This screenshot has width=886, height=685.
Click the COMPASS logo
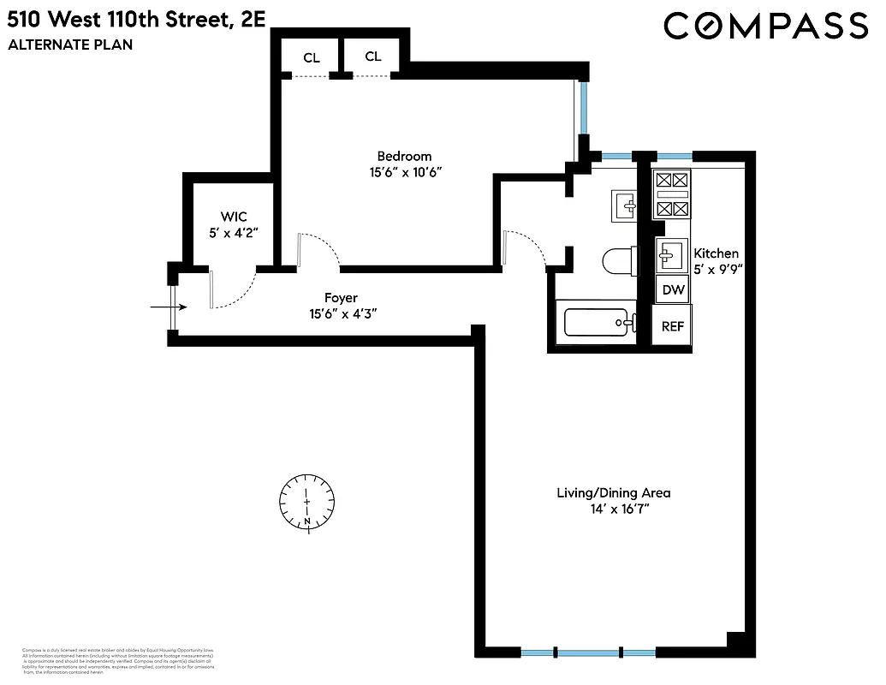(x=766, y=26)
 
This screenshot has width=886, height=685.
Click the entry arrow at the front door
(x=161, y=306)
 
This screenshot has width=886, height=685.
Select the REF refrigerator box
(x=673, y=325)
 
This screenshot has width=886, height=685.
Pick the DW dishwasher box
(x=673, y=289)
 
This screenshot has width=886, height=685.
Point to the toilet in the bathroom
(x=619, y=260)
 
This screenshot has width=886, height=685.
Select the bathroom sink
(x=625, y=205)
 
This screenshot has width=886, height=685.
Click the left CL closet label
(x=312, y=58)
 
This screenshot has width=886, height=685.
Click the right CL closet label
(x=373, y=57)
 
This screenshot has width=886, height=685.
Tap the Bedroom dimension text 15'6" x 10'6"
(x=404, y=172)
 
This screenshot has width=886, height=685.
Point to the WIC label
(x=233, y=217)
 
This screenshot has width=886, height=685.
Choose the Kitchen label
(x=716, y=253)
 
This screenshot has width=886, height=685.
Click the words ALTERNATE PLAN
(x=70, y=45)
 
